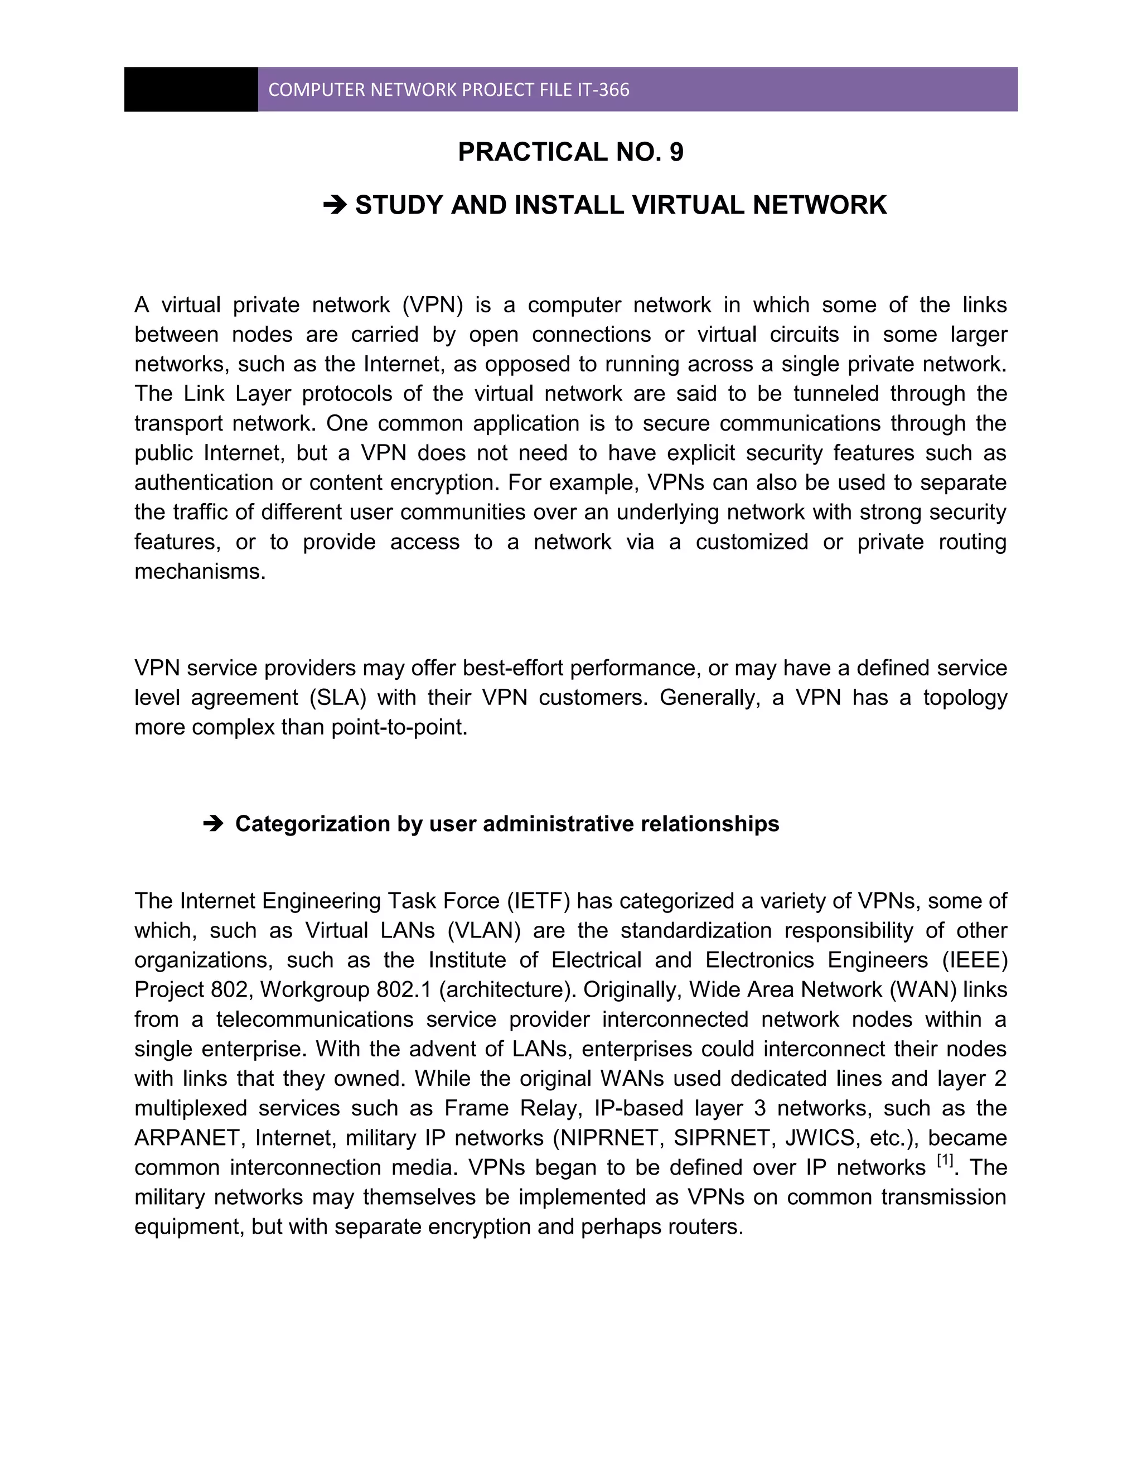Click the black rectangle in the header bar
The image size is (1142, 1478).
pos(191,89)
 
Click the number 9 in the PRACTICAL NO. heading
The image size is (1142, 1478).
pos(676,152)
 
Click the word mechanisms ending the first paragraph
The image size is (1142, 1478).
pos(200,572)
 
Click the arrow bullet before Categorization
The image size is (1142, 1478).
pos(212,824)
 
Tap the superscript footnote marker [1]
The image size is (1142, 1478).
pos(945,1161)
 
